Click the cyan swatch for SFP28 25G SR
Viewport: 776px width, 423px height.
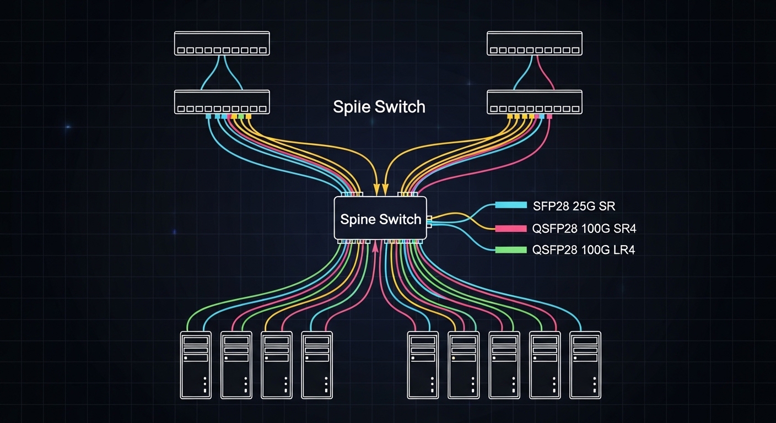point(511,205)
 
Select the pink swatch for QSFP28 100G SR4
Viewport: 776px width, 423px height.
point(511,228)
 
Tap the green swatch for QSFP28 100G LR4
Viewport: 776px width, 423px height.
point(511,250)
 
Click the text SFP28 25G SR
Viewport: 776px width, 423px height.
point(574,207)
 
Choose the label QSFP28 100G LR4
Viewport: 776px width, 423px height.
point(584,250)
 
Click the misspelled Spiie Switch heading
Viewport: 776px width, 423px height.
point(379,106)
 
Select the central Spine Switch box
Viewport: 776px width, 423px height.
point(380,219)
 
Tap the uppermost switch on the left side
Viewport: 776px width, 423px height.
point(222,43)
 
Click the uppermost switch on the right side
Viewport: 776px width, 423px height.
point(534,43)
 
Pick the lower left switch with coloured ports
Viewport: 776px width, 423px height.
point(222,102)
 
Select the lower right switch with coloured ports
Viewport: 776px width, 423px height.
point(534,102)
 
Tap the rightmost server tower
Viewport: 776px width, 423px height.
point(585,365)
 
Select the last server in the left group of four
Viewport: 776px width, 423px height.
point(317,365)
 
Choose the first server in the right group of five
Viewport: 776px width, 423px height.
point(423,365)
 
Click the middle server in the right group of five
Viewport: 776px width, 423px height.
point(504,365)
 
